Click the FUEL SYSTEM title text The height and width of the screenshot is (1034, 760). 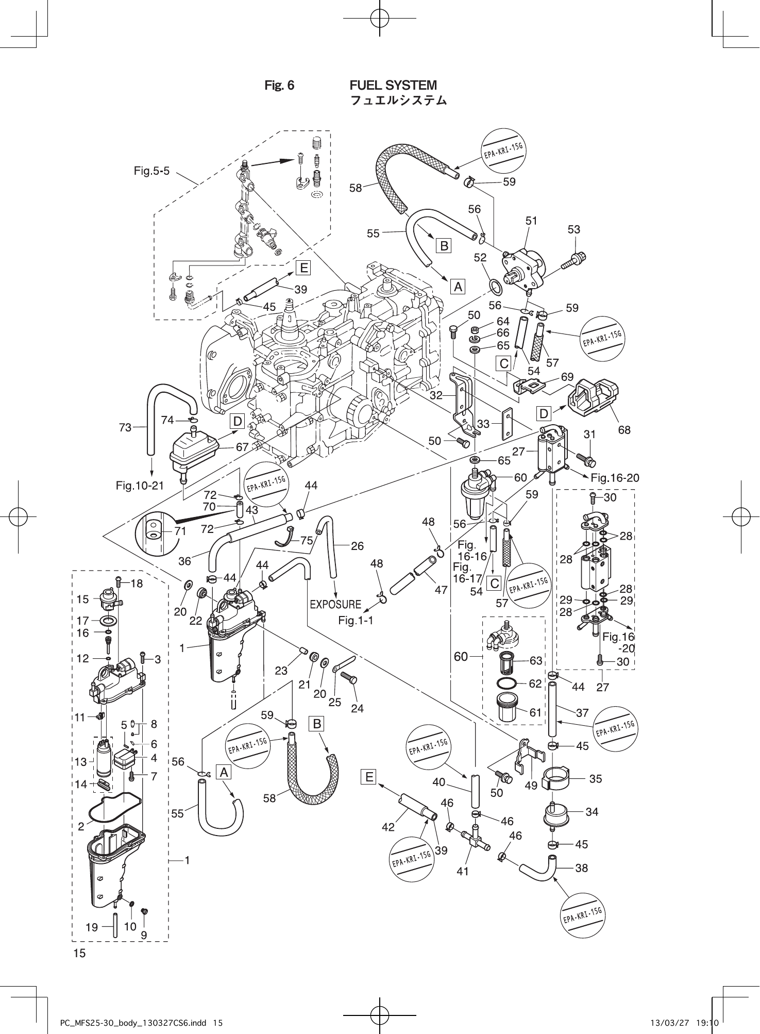pos(393,85)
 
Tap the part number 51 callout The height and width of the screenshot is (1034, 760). pos(531,221)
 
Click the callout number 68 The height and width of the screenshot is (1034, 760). pos(624,429)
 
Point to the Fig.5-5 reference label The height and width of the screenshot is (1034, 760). pos(151,171)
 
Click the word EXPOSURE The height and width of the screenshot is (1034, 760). pos(335,604)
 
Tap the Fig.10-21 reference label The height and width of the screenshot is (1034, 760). pos(140,485)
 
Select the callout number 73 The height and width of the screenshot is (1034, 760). pos(125,427)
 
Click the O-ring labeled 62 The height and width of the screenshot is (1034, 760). pos(507,683)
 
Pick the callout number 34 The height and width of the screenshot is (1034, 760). pos(592,812)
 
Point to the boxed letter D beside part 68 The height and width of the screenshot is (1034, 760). pos(544,413)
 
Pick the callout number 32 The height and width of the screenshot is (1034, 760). pos(436,395)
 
